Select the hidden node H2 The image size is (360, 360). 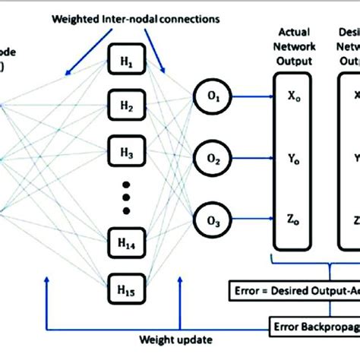point(126,106)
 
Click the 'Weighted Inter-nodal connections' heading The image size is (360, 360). point(126,17)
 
